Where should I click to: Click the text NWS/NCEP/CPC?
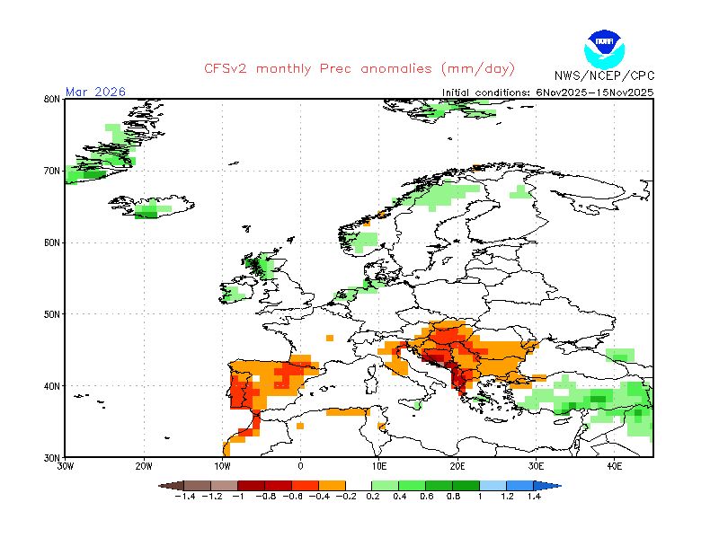tap(604, 75)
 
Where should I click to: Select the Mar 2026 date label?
tap(96, 92)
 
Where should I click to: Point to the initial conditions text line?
tap(548, 92)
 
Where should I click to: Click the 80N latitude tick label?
tap(52, 99)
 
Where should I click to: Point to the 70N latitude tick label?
tap(52, 171)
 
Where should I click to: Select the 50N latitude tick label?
tap(52, 314)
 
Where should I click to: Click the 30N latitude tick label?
tap(52, 458)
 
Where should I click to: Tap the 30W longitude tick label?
tap(66, 467)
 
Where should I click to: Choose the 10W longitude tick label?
tap(222, 467)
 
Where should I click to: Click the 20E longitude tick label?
tap(457, 467)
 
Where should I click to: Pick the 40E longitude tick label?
tap(615, 467)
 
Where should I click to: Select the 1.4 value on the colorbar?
tap(534, 496)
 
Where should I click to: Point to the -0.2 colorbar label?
tap(346, 496)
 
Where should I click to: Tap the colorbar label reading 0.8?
tap(454, 496)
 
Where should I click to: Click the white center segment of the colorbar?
tap(359, 485)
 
